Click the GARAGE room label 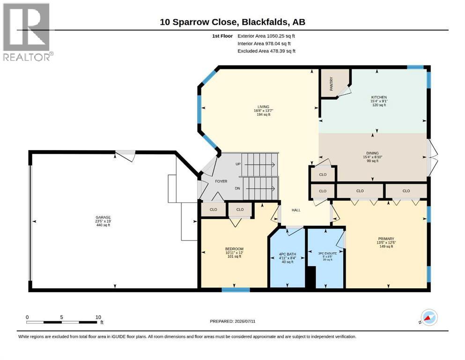(x=103, y=217)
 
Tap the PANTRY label (x=331, y=84)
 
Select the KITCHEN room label (x=379, y=97)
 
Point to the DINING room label (x=372, y=153)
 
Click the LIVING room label (x=263, y=107)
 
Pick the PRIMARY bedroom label (x=386, y=239)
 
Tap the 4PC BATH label (x=288, y=254)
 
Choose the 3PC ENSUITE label (x=327, y=254)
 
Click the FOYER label (x=221, y=181)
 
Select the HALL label (x=296, y=210)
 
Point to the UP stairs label (x=238, y=164)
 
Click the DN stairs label (x=237, y=188)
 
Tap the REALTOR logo (x=28, y=32)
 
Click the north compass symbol (x=428, y=318)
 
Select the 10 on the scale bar (x=98, y=317)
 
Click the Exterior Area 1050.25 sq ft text (x=266, y=36)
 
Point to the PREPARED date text (x=232, y=321)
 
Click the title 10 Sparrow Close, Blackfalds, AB (x=232, y=22)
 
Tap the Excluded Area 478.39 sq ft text (x=266, y=51)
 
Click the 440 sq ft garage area (x=103, y=225)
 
